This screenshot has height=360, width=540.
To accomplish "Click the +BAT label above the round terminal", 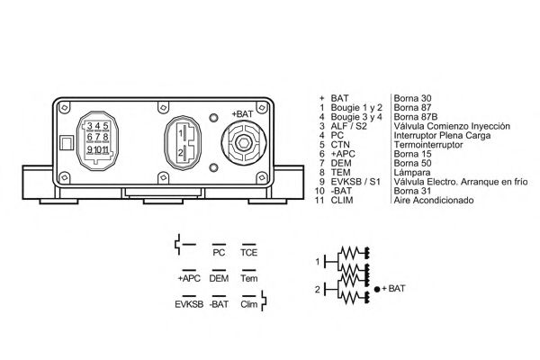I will pos(242,113).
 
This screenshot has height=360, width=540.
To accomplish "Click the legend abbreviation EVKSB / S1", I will pos(355,183).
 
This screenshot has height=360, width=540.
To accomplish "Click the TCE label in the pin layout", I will pos(249,253).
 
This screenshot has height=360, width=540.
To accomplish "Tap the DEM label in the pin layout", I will pos(218,278).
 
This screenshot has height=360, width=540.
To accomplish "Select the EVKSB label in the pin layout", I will pos(191,304).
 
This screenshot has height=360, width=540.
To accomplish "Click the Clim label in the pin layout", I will pos(249,304).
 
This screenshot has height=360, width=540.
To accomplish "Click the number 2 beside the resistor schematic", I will pos(318,289).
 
